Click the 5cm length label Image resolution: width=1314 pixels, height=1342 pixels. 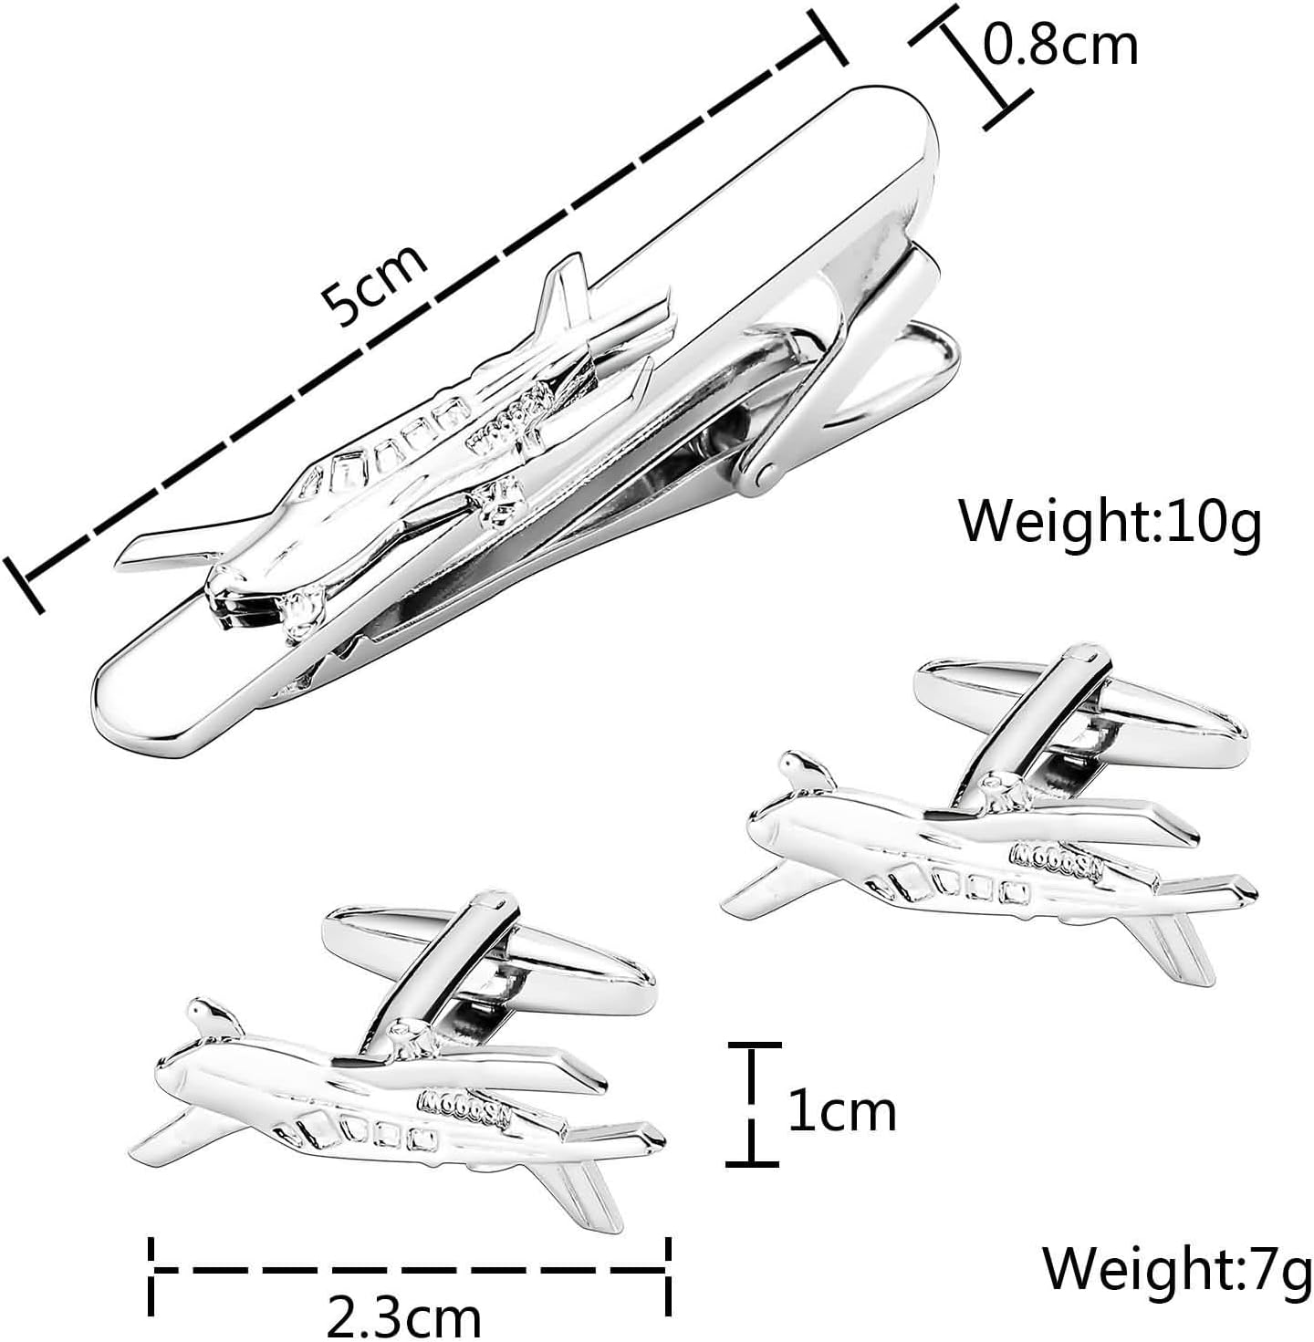(373, 285)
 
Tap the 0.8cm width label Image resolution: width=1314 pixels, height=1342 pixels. (1059, 46)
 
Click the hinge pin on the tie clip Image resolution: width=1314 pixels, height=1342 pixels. (765, 474)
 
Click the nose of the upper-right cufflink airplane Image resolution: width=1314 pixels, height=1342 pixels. (756, 828)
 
